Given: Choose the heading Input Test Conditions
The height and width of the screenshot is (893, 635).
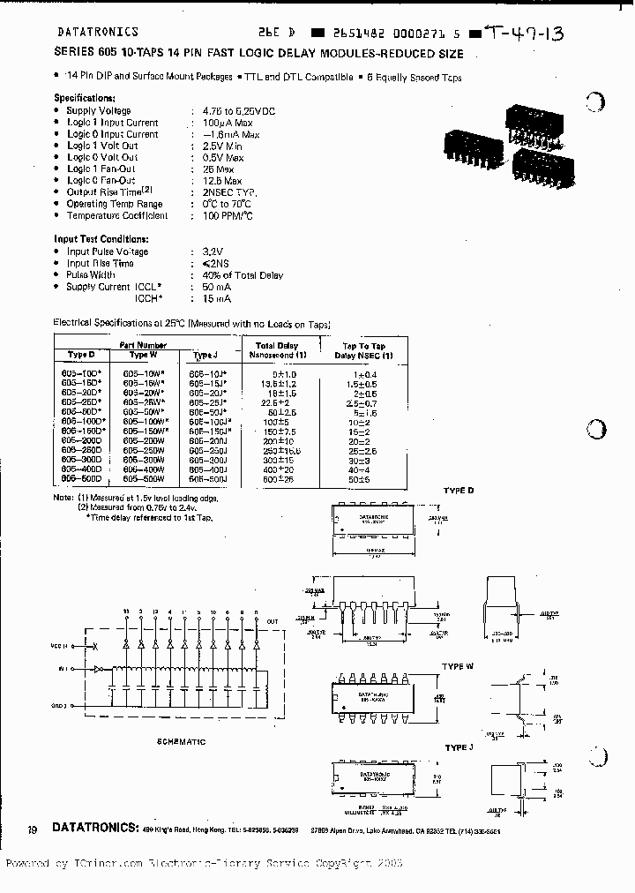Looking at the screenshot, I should [x=101, y=239].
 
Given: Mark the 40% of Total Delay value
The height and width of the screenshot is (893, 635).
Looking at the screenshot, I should [x=237, y=275].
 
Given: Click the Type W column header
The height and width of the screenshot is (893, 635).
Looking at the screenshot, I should [x=143, y=354].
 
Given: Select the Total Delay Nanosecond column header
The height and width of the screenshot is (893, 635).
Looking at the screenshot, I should [x=277, y=350].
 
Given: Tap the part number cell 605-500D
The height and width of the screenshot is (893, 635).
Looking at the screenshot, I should [x=81, y=478].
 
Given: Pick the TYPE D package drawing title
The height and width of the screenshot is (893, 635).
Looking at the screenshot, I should [x=459, y=490].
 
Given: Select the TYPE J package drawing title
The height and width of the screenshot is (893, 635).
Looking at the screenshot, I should [x=458, y=747].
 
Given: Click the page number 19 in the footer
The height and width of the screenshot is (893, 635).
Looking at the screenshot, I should [x=32, y=829].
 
